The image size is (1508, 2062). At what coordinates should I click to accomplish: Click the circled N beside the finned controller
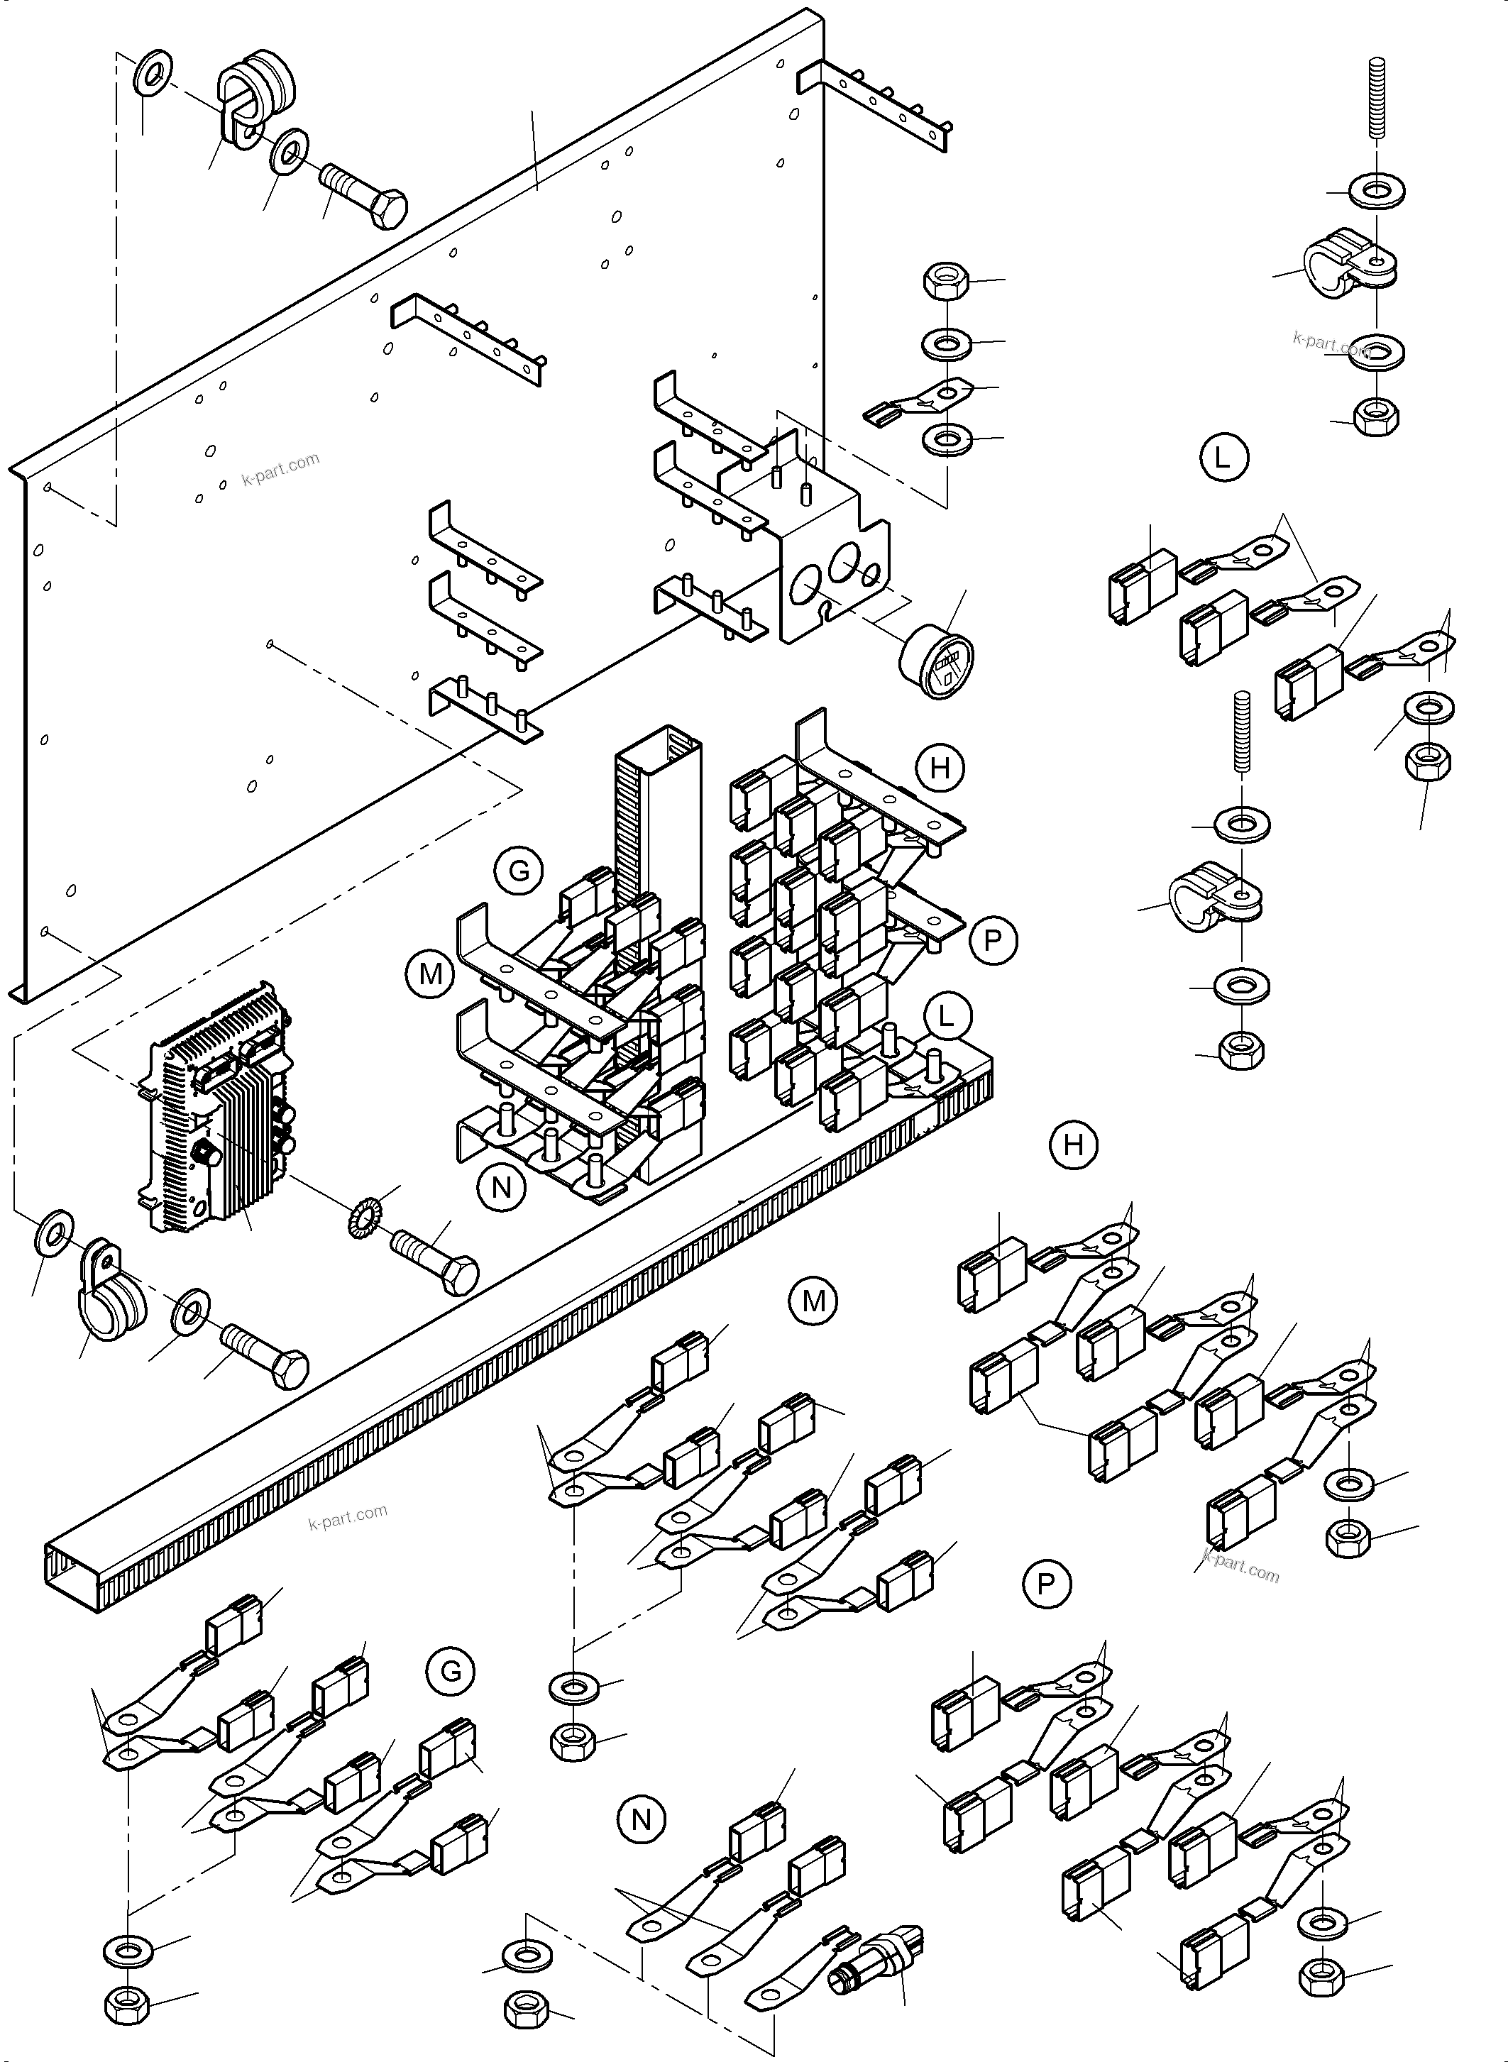[x=501, y=1186]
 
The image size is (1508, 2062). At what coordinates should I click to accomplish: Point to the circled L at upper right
[x=1222, y=457]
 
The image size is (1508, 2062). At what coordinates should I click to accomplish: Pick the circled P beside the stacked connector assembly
[x=994, y=939]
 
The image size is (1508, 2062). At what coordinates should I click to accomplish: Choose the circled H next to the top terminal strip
[x=940, y=768]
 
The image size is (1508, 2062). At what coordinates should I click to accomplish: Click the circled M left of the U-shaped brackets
[x=430, y=974]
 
